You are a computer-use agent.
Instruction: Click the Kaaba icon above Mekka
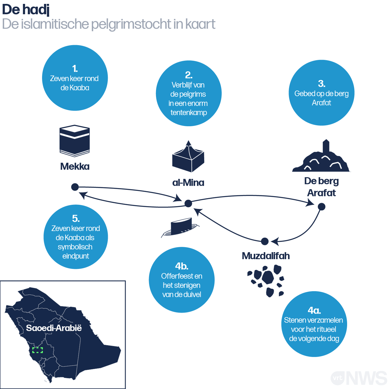tap(74, 141)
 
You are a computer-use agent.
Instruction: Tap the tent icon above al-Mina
tap(188, 156)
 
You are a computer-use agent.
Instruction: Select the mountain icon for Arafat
tap(321, 155)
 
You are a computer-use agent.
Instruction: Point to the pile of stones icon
tap(266, 281)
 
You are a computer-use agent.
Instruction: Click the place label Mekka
tap(75, 166)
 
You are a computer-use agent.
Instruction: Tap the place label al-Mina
tap(188, 183)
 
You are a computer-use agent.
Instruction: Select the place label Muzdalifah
tap(266, 256)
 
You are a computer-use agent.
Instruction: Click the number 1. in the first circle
tap(75, 69)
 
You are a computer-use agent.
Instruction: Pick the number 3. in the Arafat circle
tap(321, 84)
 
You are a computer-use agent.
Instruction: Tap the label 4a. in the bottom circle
tap(314, 310)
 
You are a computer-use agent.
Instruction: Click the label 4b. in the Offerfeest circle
tap(182, 266)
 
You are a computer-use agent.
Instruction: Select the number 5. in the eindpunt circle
tap(76, 219)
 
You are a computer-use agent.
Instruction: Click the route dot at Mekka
tap(75, 187)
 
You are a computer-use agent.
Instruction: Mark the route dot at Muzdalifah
tap(265, 241)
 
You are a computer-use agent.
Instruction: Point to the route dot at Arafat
tap(321, 207)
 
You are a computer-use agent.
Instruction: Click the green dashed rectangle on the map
tap(37, 350)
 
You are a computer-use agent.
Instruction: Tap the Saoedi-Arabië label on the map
tap(54, 328)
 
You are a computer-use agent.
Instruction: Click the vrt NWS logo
tap(359, 378)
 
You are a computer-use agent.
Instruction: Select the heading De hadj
tap(26, 10)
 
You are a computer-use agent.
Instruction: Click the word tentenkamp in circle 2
tap(189, 112)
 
